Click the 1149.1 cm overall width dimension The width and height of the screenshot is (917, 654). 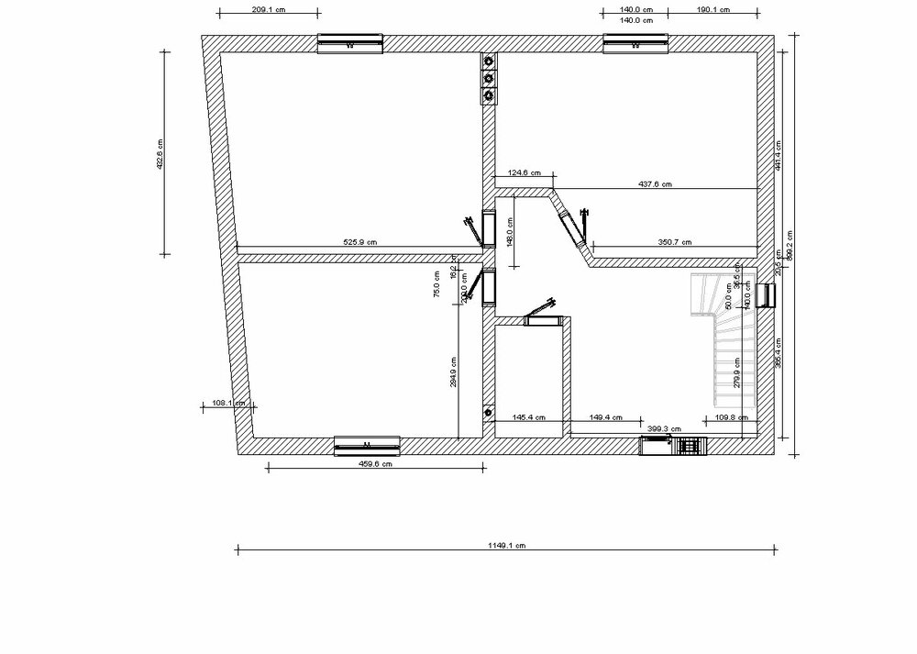pyautogui.click(x=506, y=545)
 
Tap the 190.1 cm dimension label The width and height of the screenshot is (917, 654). pyautogui.click(x=712, y=10)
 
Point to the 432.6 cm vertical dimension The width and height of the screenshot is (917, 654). pyautogui.click(x=159, y=154)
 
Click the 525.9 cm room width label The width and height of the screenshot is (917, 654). pyautogui.click(x=359, y=242)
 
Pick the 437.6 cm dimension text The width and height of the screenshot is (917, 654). pyautogui.click(x=655, y=184)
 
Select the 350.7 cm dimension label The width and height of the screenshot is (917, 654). pyautogui.click(x=674, y=242)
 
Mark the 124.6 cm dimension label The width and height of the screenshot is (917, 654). pyautogui.click(x=524, y=172)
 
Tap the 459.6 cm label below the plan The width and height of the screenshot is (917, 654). pyautogui.click(x=374, y=464)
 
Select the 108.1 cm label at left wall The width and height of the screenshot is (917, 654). pyautogui.click(x=226, y=403)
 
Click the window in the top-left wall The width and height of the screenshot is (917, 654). pyautogui.click(x=349, y=42)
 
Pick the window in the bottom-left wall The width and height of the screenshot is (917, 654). pyautogui.click(x=367, y=445)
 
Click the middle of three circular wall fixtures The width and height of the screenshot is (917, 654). pyautogui.click(x=489, y=78)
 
